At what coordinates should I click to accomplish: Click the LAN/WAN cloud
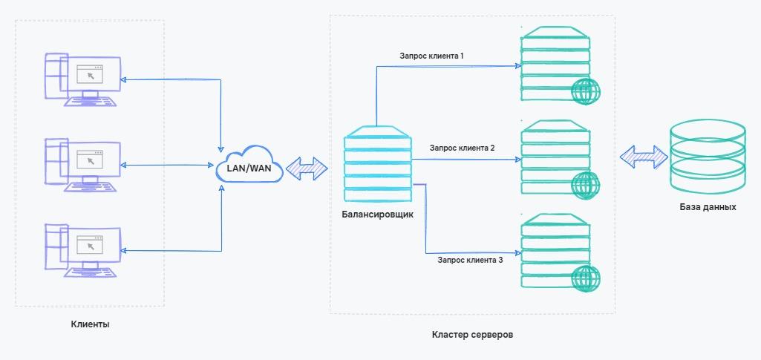[x=249, y=168]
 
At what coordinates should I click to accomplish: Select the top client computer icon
[x=81, y=79]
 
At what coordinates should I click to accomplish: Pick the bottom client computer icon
[x=81, y=249]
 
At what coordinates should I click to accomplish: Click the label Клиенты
[x=90, y=324]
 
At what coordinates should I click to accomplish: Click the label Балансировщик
[x=378, y=215]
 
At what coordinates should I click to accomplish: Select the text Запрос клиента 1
[x=432, y=56]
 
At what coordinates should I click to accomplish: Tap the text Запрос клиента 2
[x=462, y=148]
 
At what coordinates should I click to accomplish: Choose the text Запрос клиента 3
[x=470, y=260]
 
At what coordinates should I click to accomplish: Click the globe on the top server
[x=586, y=92]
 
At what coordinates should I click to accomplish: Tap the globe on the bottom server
[x=586, y=278]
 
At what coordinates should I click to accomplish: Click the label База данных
[x=708, y=207]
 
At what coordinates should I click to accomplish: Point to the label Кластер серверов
[x=472, y=335]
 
